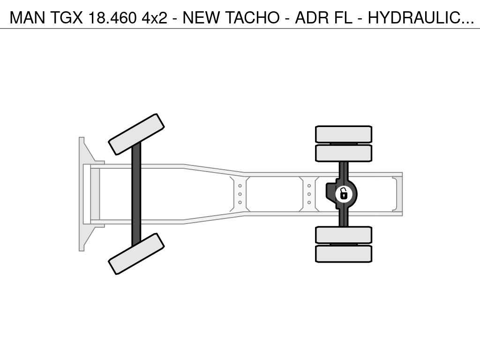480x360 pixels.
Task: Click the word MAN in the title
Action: tap(27, 18)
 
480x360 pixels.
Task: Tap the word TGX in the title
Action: tap(66, 18)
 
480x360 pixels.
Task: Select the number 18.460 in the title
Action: tap(112, 18)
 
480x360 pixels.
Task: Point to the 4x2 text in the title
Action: tap(155, 18)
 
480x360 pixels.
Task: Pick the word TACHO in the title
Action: tap(252, 18)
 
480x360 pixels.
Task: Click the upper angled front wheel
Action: tap(136, 135)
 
